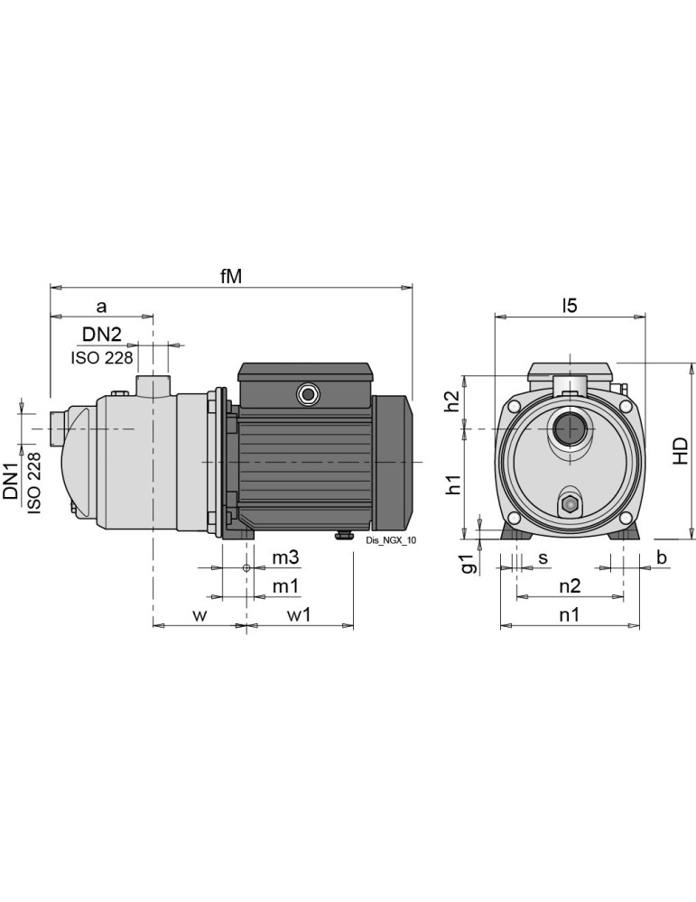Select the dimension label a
[101, 307]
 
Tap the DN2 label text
[101, 335]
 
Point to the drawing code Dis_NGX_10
[392, 540]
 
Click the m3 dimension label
[286, 559]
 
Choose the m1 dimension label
[286, 586]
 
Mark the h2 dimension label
[454, 400]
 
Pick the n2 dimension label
[569, 586]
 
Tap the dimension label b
[661, 559]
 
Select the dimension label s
[543, 558]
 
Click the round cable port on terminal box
[308, 394]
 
